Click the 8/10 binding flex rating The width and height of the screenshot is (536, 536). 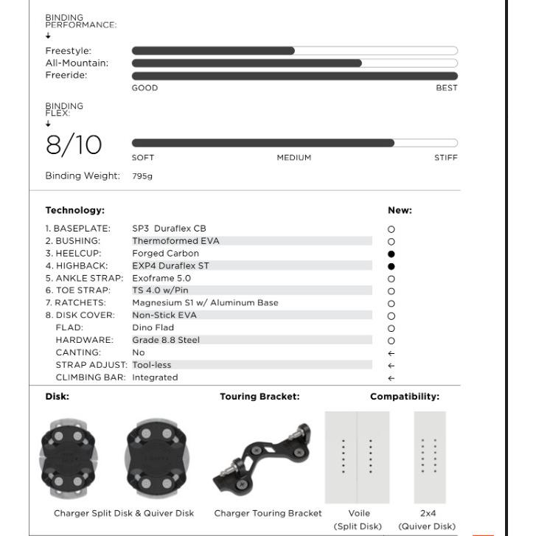pyautogui.click(x=74, y=145)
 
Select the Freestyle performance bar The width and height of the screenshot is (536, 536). pyautogui.click(x=294, y=51)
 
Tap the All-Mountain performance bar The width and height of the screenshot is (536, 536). pyautogui.click(x=294, y=63)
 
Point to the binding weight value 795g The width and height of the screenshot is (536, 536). pyautogui.click(x=142, y=176)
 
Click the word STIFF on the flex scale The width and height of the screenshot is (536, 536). pyautogui.click(x=445, y=158)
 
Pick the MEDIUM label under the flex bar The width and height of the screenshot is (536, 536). pyautogui.click(x=294, y=158)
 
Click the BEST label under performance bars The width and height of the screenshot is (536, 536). pyautogui.click(x=447, y=88)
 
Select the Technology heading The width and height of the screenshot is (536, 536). pyautogui.click(x=75, y=211)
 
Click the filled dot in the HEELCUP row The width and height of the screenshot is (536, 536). pyautogui.click(x=391, y=254)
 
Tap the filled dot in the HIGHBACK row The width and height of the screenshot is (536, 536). pyautogui.click(x=391, y=266)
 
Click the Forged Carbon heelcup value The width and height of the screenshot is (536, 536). pyautogui.click(x=165, y=254)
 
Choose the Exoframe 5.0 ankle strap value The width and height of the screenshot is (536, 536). pyautogui.click(x=161, y=278)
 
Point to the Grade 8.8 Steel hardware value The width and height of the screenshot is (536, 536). pyautogui.click(x=166, y=340)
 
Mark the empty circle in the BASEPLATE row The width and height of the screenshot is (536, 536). pyautogui.click(x=391, y=229)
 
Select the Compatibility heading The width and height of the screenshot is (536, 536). pyautogui.click(x=405, y=397)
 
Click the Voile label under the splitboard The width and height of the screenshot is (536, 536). pyautogui.click(x=358, y=513)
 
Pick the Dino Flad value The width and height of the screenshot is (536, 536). pyautogui.click(x=153, y=327)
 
